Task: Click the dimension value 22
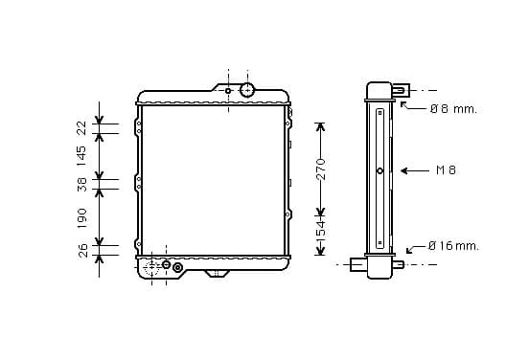[82, 128]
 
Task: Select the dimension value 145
[81, 156]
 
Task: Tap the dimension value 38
[82, 185]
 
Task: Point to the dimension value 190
[82, 218]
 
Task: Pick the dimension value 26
[82, 251]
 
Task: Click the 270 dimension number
[321, 169]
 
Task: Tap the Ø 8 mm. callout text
[453, 109]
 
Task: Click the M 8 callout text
[446, 170]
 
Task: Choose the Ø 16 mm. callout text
[453, 246]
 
